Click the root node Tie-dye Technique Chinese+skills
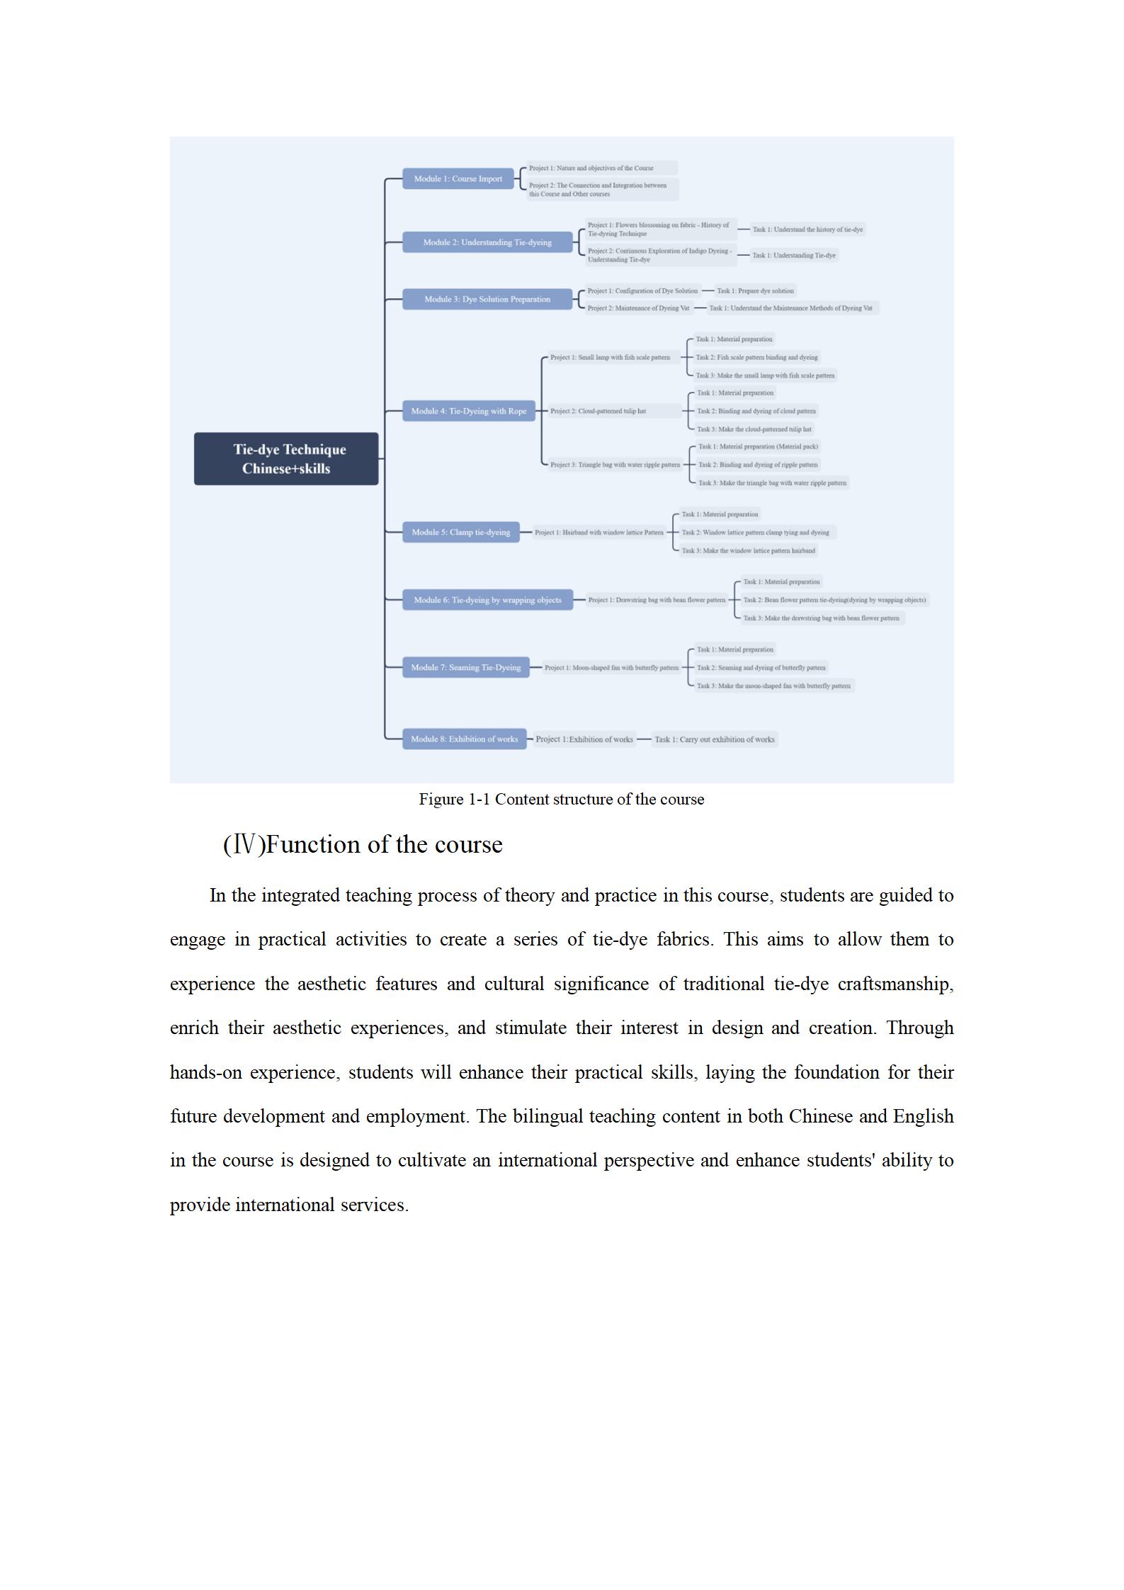(x=286, y=458)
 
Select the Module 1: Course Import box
(x=458, y=178)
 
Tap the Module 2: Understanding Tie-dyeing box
(x=487, y=242)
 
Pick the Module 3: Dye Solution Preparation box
(x=487, y=299)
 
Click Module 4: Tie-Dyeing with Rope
(x=468, y=411)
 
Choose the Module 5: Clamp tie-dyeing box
(x=460, y=532)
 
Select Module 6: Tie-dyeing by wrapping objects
(x=487, y=600)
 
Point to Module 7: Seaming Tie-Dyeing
(x=465, y=667)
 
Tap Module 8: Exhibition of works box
(x=464, y=739)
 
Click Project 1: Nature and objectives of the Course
(x=591, y=168)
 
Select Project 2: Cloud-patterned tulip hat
(x=598, y=411)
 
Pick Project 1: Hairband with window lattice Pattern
(x=599, y=532)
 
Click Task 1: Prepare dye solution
(x=755, y=290)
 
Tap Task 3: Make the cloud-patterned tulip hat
(x=754, y=429)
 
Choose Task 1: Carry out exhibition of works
(x=715, y=739)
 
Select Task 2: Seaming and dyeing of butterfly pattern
(x=761, y=667)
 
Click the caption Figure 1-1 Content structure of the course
(x=562, y=800)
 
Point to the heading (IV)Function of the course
(x=363, y=844)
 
